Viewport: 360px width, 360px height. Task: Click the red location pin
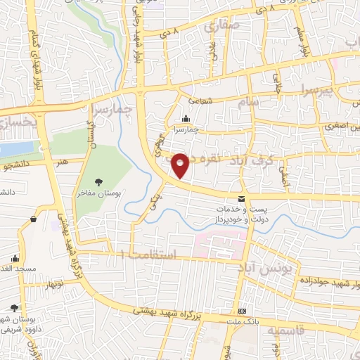point(181,165)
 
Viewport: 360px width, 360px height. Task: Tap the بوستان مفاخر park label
point(97,192)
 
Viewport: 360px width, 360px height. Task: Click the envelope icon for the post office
point(241,200)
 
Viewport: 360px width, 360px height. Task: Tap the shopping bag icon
point(33,219)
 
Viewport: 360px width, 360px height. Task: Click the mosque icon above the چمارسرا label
point(185,118)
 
